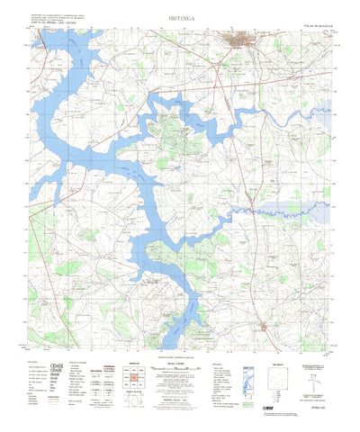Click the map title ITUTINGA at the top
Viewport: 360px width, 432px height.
coord(180,16)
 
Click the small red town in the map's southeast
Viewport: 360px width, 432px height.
coord(263,328)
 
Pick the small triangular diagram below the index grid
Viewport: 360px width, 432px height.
coord(133,403)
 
